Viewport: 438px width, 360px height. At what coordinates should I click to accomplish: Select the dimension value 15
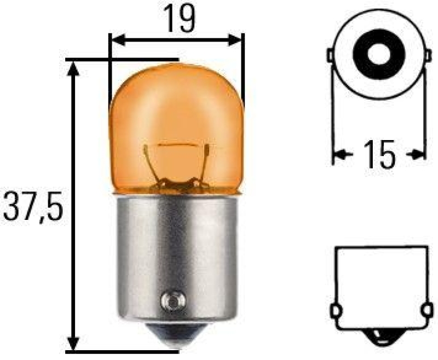(379, 155)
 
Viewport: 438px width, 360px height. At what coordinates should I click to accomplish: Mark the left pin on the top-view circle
(331, 56)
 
